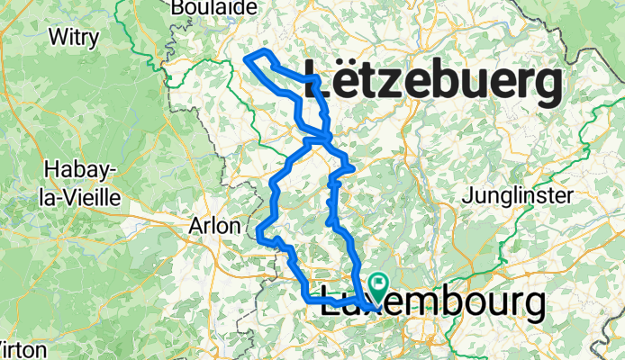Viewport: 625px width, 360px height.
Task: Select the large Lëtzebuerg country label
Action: pos(436,85)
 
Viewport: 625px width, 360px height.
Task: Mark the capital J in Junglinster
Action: pos(466,195)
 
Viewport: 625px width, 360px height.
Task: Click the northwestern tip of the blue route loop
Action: pos(246,58)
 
